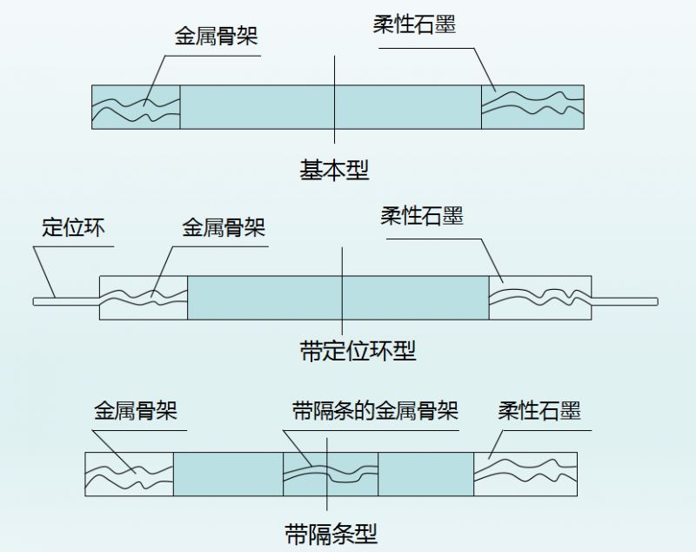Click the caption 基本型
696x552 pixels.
click(334, 170)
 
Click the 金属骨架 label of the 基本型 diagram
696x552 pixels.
click(217, 37)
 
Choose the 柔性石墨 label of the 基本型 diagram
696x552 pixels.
click(413, 26)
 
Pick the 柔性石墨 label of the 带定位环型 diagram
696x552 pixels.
click(421, 216)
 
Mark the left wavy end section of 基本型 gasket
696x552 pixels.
click(135, 108)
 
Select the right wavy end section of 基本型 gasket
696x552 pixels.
click(532, 108)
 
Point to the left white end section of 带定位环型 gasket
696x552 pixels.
click(144, 299)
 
